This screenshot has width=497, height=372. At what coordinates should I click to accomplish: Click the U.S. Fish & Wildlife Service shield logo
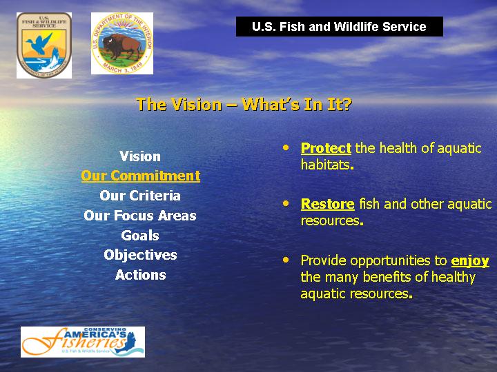coord(44,45)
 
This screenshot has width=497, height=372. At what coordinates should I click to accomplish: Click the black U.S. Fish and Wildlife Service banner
coord(340,27)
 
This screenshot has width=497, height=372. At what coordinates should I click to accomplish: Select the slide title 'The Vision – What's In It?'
coord(244,105)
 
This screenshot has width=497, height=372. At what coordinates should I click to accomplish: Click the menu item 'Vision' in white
coord(140,156)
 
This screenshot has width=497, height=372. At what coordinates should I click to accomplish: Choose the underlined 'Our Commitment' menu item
coord(140,176)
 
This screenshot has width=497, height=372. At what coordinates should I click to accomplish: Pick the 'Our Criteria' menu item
coord(140,196)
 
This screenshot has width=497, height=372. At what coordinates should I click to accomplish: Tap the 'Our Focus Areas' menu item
coord(140,216)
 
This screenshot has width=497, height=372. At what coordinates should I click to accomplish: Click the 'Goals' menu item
coord(140,236)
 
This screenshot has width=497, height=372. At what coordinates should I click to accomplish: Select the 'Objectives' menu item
coord(140,256)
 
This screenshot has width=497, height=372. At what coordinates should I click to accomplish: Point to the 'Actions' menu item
coord(140,275)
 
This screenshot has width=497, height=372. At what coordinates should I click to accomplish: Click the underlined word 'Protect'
coord(326,148)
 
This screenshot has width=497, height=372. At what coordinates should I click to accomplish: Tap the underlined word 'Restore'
coord(327,205)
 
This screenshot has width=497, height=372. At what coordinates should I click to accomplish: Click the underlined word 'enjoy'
coord(470,261)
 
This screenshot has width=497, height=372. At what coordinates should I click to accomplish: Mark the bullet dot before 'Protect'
coord(286,147)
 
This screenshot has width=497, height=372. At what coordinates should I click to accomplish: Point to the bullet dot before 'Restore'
coord(286,203)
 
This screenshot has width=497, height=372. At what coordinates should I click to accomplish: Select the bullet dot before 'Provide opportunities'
coord(286,260)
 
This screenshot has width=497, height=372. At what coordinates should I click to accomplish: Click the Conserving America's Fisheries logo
coord(83,342)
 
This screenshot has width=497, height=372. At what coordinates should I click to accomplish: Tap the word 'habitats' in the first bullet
coord(326,165)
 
